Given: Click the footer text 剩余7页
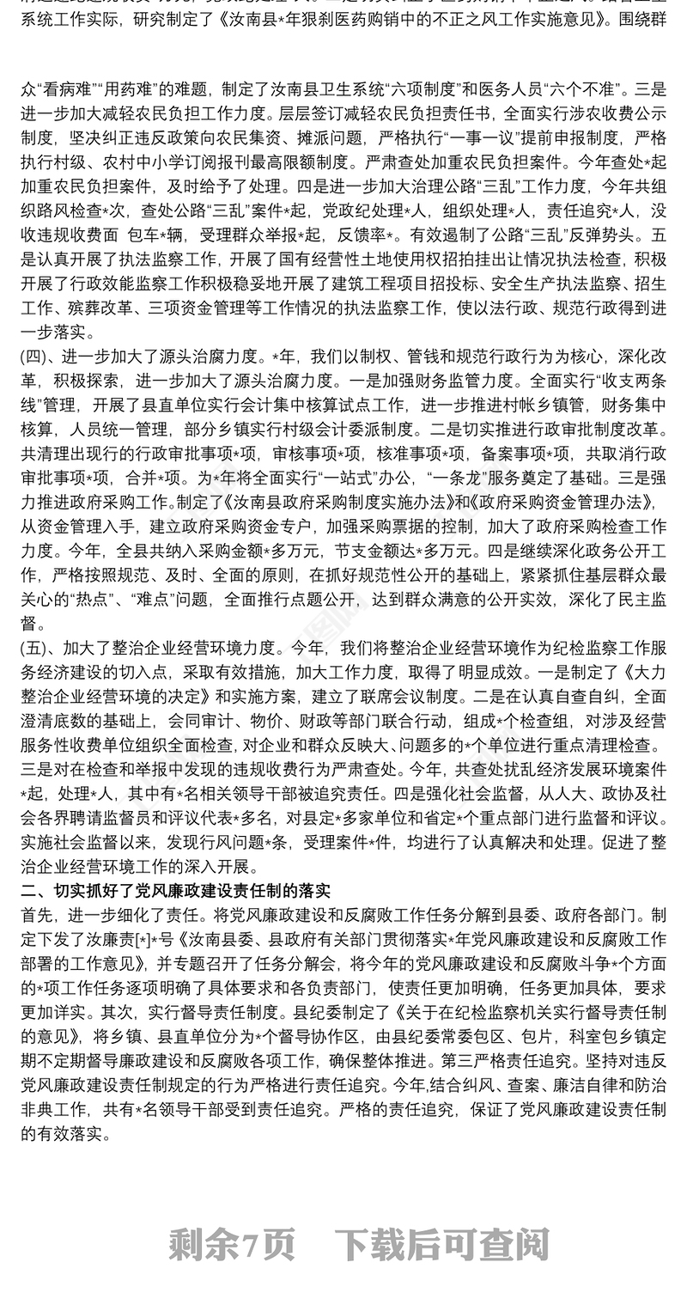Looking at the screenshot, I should (232, 1243).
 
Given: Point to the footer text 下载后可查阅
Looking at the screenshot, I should (441, 1243).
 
